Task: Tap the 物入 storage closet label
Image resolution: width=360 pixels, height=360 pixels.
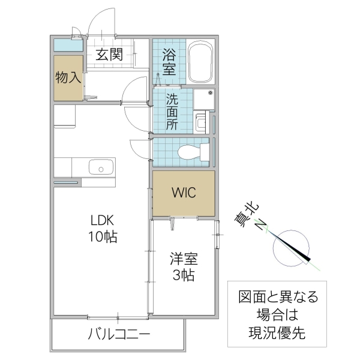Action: point(68,78)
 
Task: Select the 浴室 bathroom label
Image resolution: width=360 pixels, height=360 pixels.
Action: point(169,62)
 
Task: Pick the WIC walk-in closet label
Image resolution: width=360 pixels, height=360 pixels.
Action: point(182,193)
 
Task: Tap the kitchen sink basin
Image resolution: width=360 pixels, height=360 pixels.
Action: point(100,167)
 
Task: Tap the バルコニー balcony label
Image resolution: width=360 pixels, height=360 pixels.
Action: point(118,334)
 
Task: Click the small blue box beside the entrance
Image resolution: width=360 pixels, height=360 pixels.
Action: point(67,44)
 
